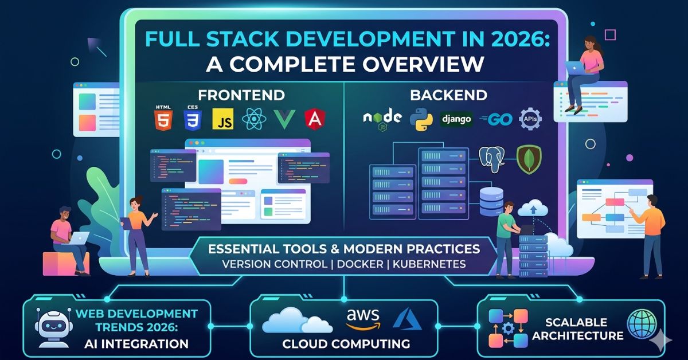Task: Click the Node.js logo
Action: tap(382, 118)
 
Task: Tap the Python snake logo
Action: tap(421, 118)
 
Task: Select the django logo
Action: tap(456, 119)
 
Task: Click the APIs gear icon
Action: tap(530, 119)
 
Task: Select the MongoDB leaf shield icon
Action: tap(529, 159)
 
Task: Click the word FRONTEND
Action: tap(241, 95)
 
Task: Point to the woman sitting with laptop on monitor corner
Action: tap(587, 69)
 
